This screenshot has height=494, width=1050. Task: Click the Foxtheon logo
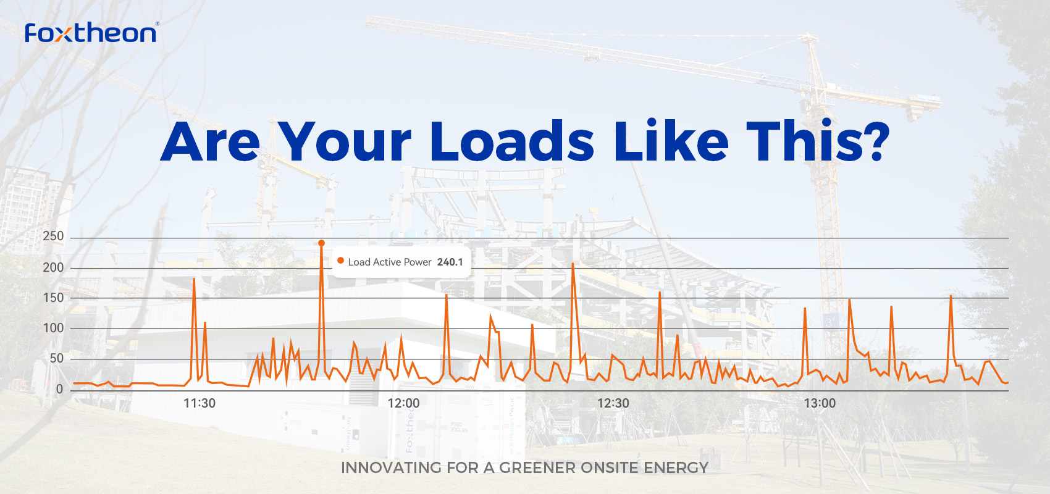[x=92, y=33]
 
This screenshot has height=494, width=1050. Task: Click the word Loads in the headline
[x=513, y=141]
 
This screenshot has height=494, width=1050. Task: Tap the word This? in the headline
[x=818, y=141]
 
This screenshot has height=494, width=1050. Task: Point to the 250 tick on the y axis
[x=53, y=237]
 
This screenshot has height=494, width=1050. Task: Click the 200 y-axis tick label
[x=53, y=267]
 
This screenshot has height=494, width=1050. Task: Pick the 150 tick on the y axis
[x=53, y=298]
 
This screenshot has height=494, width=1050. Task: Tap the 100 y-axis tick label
[x=53, y=328]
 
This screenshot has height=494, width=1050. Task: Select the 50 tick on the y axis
[x=56, y=359]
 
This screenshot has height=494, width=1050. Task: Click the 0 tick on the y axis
[x=59, y=389]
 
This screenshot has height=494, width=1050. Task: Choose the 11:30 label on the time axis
[x=199, y=403]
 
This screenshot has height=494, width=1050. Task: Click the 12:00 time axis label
[x=403, y=403]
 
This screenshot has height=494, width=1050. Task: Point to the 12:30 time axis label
[x=613, y=403]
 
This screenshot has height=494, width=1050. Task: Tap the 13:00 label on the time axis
[x=820, y=403]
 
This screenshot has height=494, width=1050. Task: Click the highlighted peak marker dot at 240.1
[x=322, y=243]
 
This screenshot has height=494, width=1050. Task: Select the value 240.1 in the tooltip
[x=450, y=262]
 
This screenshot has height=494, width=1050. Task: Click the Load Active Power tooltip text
[x=390, y=262]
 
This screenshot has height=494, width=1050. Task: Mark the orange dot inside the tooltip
[x=341, y=261]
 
